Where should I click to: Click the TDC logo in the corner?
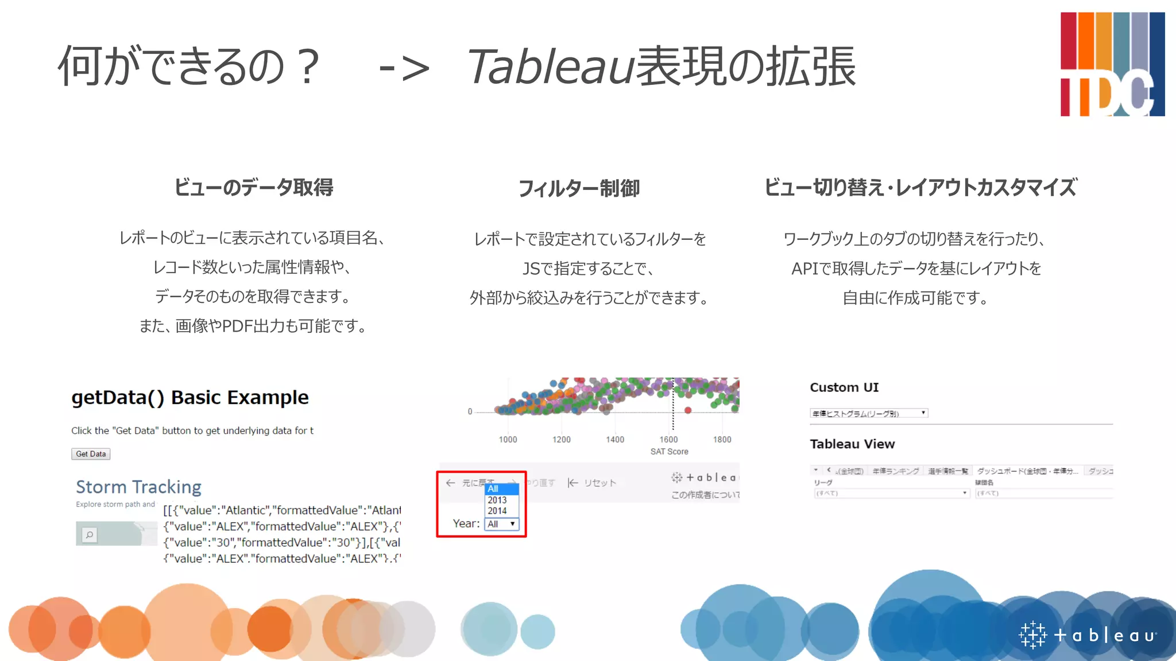1112,64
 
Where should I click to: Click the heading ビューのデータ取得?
253,188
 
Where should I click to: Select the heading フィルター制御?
579,188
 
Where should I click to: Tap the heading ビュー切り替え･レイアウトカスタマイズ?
920,188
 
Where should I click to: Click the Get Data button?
91,454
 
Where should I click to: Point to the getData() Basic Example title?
189,397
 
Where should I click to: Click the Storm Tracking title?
138,487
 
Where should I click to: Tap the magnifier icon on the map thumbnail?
90,535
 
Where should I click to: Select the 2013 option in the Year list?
497,500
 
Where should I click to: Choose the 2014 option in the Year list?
497,511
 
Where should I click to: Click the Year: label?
466,523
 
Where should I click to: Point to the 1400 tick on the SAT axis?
615,440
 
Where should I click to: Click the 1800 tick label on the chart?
722,440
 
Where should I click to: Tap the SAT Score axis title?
669,452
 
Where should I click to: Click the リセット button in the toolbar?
593,483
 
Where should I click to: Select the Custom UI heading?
844,387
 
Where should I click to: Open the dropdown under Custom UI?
869,413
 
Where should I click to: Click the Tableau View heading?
852,444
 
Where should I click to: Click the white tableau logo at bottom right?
1088,635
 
